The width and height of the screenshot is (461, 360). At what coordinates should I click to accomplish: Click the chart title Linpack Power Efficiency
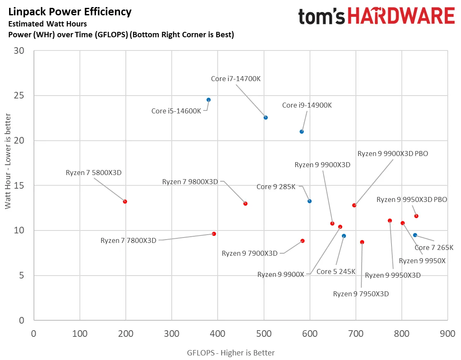click(x=70, y=12)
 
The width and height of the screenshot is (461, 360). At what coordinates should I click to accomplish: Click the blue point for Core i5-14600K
click(x=209, y=100)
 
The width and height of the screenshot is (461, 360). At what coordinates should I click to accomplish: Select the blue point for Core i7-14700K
click(x=266, y=118)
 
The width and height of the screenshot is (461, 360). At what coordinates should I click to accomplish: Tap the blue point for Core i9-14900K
click(x=302, y=132)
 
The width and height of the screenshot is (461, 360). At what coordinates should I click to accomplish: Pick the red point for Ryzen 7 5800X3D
click(x=125, y=202)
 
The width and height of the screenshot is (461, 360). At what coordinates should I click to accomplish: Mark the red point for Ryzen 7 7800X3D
click(x=214, y=234)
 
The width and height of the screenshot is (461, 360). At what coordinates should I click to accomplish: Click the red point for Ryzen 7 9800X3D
click(x=245, y=204)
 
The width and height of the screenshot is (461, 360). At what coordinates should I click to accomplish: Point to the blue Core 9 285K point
click(x=310, y=201)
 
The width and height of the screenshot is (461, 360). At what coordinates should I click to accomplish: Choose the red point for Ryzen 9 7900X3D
click(x=303, y=241)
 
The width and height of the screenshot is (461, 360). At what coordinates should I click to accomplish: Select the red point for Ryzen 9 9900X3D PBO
click(x=354, y=205)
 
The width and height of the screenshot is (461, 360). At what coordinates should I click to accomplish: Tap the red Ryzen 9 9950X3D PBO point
click(x=416, y=216)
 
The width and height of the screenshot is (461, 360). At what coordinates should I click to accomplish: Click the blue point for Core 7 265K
click(x=415, y=235)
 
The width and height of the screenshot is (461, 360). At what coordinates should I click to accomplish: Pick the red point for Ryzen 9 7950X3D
click(x=362, y=242)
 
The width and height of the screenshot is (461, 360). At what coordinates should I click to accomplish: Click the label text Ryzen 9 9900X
click(x=281, y=274)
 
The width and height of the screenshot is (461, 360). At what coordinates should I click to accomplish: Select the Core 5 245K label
click(x=336, y=271)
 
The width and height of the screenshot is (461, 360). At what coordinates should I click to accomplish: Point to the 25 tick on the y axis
click(x=19, y=96)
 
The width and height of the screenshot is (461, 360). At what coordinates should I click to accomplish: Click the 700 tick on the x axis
click(x=356, y=334)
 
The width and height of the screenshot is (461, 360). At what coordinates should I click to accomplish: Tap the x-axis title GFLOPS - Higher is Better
click(x=231, y=353)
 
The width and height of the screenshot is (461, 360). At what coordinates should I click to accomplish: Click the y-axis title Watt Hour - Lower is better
click(x=7, y=161)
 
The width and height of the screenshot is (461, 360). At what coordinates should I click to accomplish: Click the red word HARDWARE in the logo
click(x=401, y=16)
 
